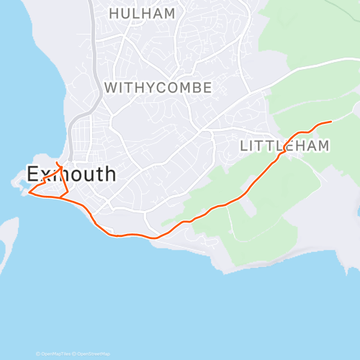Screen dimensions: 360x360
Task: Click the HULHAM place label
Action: [142, 14]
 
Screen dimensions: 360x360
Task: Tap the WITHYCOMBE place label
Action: [158, 88]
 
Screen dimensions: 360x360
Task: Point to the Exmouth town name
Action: [71, 174]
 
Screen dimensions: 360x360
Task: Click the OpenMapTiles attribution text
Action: [55, 354]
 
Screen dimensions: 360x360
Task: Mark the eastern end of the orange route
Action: [330, 122]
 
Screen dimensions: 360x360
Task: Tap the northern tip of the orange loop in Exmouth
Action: [57, 165]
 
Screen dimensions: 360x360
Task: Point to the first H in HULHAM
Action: [114, 14]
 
